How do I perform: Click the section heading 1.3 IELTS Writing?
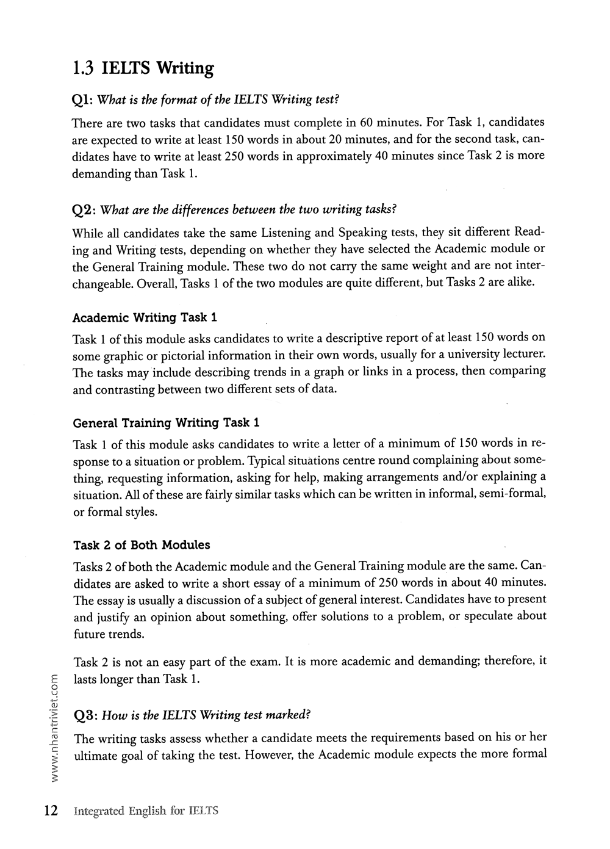point(143,68)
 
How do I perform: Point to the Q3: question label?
point(84,715)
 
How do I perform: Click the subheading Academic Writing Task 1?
point(145,317)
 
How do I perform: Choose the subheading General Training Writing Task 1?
point(167,422)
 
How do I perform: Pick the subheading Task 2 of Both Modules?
point(142,545)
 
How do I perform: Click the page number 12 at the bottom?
point(50,811)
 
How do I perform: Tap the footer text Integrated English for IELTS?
point(145,811)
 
